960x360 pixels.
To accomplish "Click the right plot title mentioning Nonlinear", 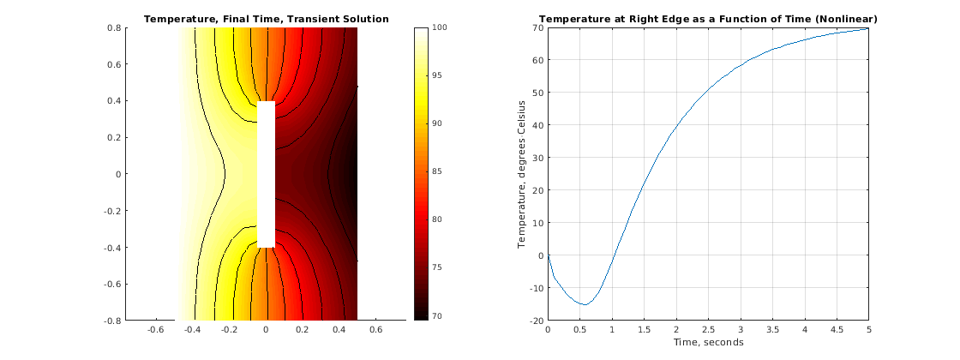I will click(707, 19).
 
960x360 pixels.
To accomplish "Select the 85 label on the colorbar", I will click(437, 172).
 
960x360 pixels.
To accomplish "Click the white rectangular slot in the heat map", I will click(266, 174).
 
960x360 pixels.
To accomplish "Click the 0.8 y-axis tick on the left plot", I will click(113, 27).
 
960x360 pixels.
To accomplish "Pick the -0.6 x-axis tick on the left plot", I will click(156, 329).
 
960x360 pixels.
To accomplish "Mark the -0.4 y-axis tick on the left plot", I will click(111, 247).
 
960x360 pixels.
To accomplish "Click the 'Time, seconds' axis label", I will click(707, 342).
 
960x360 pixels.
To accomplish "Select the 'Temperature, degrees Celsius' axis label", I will click(522, 174).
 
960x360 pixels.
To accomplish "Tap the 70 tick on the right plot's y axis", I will click(537, 27).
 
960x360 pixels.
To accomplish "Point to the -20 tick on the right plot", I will click(535, 320).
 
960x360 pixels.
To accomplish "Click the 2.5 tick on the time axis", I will click(708, 329).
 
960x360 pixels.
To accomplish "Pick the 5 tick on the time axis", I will click(868, 329).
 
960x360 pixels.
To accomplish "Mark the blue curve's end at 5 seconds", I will click(868, 29).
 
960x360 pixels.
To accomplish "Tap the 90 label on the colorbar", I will click(437, 124).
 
